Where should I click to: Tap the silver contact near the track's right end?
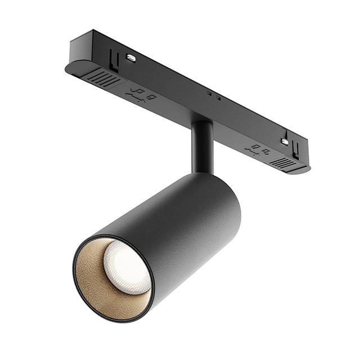285,142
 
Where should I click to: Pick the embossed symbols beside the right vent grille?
256,150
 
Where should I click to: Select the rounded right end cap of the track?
304,168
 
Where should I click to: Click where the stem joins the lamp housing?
202,172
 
